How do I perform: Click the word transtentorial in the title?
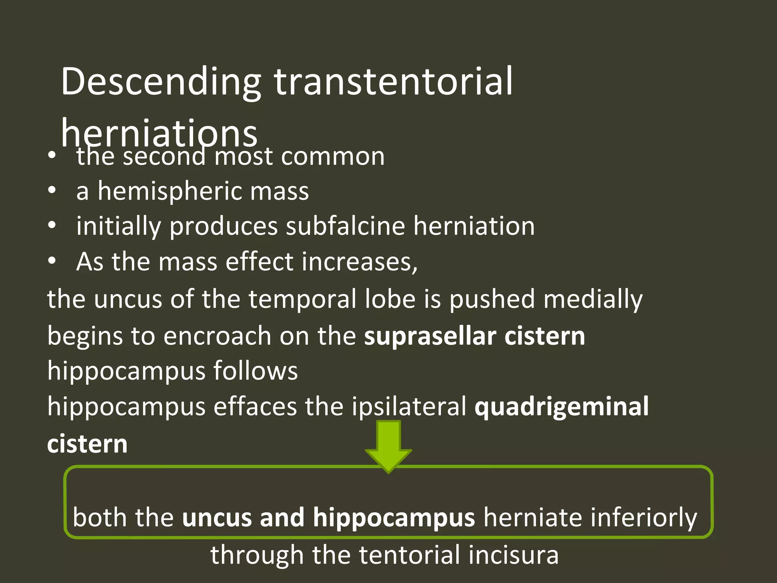pos(393,82)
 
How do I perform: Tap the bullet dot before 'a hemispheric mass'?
pos(52,190)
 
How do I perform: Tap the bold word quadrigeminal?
pos(562,407)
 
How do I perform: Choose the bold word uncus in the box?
pos(216,517)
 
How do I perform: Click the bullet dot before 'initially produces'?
pos(52,225)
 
